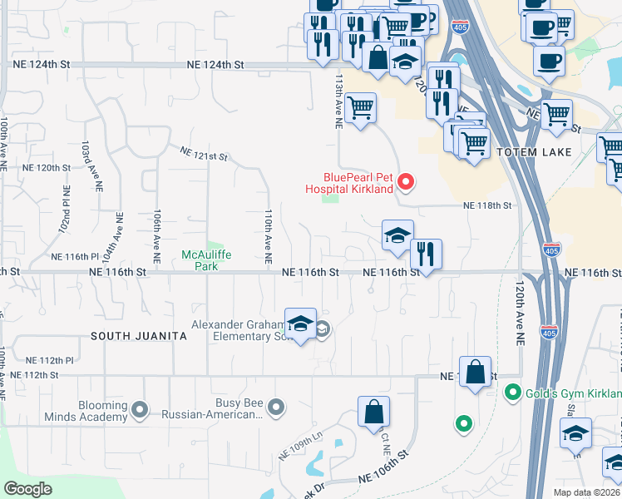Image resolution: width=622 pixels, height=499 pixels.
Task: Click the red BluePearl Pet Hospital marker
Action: click(406, 180)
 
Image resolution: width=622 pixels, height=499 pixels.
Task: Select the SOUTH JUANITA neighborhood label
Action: click(136, 336)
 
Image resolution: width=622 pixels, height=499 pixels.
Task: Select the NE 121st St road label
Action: click(205, 153)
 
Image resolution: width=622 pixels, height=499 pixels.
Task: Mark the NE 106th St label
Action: click(385, 479)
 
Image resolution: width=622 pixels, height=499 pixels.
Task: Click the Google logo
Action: click(28, 488)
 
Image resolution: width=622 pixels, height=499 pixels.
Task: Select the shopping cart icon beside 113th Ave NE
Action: click(360, 108)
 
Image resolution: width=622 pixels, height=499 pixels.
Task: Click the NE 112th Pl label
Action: click(50, 360)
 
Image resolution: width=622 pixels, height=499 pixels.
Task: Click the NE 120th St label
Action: click(47, 167)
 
